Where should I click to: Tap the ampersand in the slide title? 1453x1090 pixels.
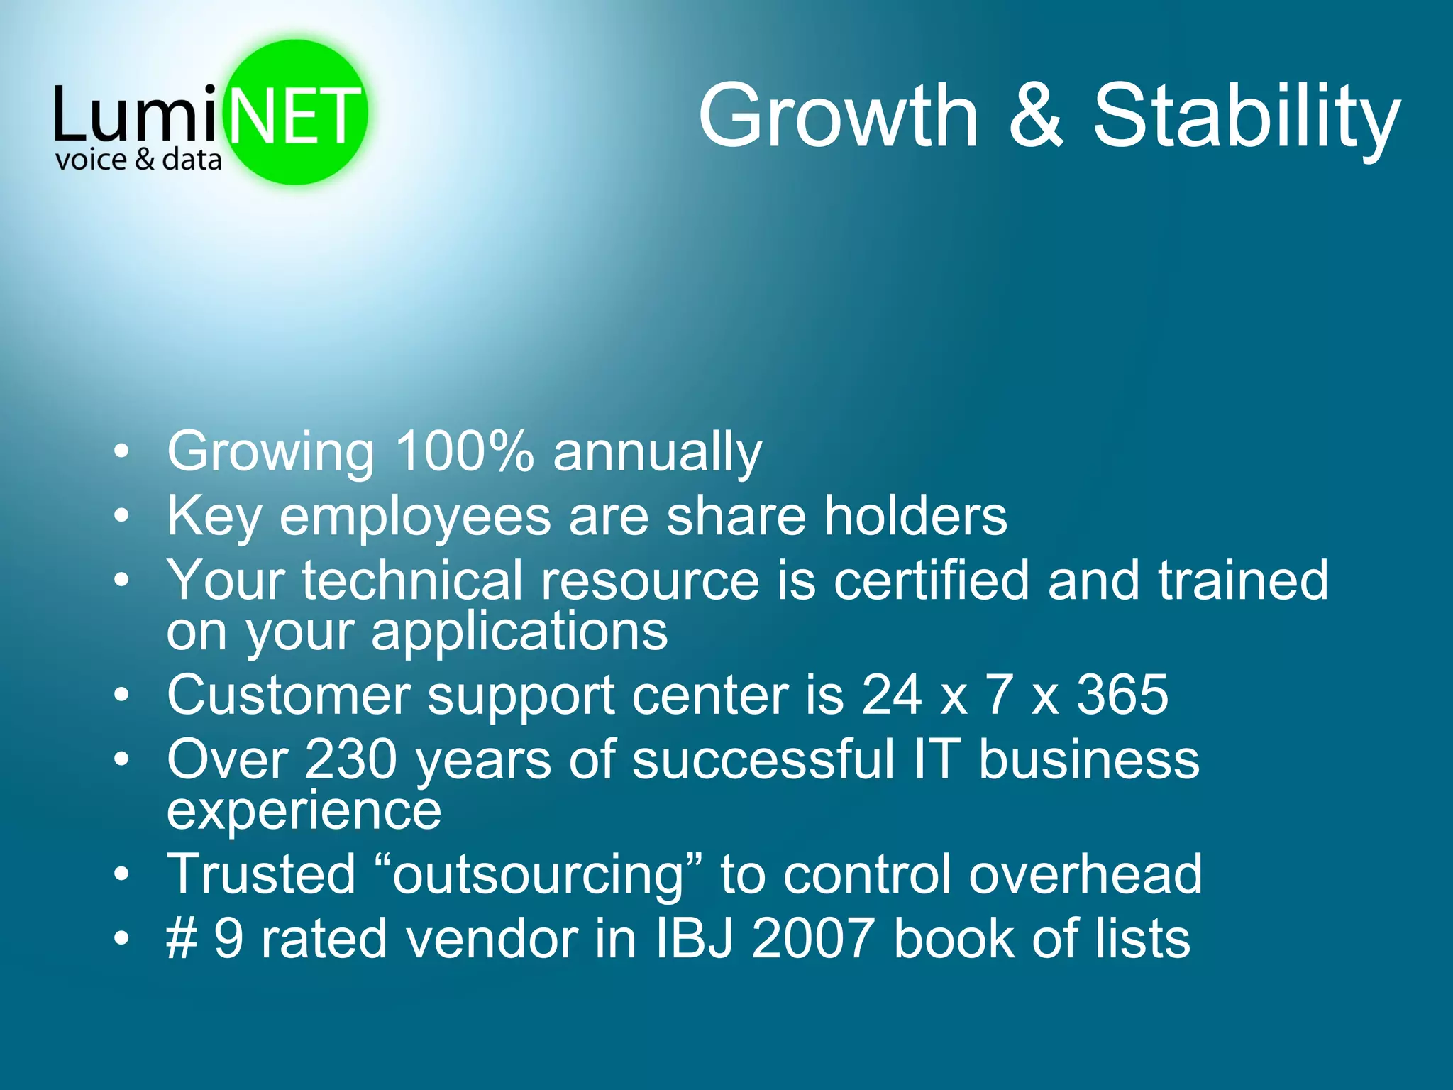tap(1035, 115)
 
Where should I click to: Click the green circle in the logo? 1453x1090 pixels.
tap(297, 71)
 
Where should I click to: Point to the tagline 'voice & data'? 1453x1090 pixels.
tap(138, 160)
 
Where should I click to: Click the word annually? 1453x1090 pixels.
tap(657, 453)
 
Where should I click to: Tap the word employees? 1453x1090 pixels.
tap(415, 517)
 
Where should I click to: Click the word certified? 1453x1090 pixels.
tap(931, 580)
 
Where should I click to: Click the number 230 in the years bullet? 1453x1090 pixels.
tap(351, 759)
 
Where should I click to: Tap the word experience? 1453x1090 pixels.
tap(304, 811)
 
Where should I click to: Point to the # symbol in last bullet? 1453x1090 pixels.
tap(182, 939)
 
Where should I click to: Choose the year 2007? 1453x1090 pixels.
tap(813, 939)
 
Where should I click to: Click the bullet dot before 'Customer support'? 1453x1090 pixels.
tap(122, 695)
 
